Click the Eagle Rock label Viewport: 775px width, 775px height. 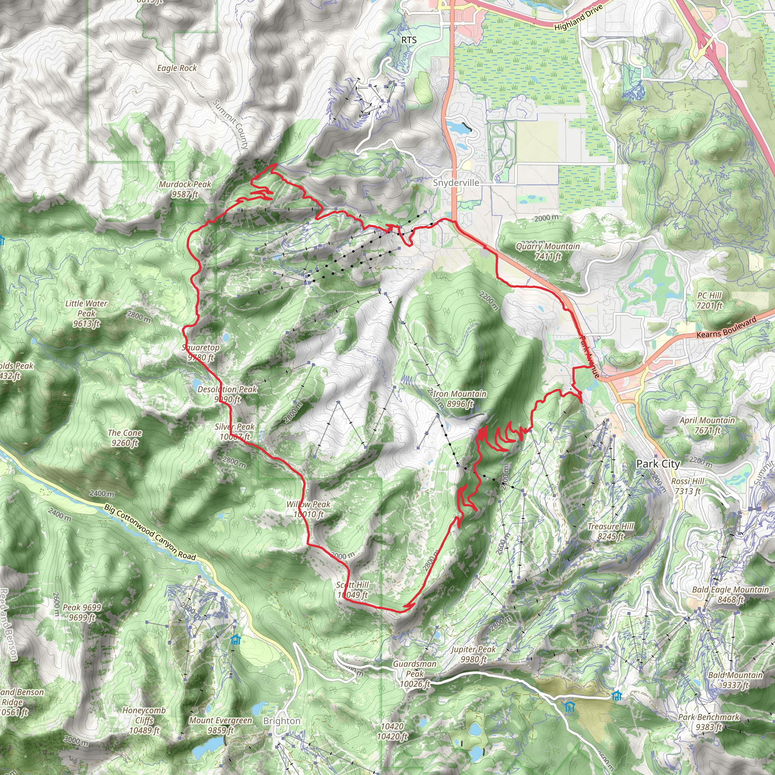click(x=177, y=68)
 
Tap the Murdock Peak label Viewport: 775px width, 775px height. click(x=185, y=189)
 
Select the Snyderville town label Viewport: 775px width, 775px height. click(x=456, y=183)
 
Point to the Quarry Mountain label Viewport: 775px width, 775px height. click(x=548, y=251)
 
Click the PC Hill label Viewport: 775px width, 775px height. click(x=709, y=300)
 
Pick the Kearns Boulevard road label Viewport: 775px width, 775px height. click(x=727, y=327)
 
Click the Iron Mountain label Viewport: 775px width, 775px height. click(x=460, y=399)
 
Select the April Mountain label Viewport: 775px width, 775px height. click(x=707, y=425)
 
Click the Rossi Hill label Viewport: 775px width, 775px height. click(x=688, y=486)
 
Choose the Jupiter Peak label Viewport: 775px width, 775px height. click(x=473, y=654)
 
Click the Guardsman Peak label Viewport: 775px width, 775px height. click(x=415, y=674)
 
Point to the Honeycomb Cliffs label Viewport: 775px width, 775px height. click(x=144, y=721)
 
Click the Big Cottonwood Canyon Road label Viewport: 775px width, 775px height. click(x=150, y=532)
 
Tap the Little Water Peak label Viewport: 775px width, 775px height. click(x=86, y=313)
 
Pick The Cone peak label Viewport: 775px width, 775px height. click(x=125, y=438)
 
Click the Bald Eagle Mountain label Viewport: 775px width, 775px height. click(x=730, y=594)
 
